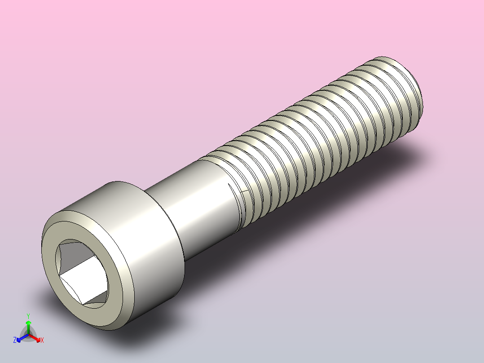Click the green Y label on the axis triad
[28, 315]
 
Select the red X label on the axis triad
[42, 341]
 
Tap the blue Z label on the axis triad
[15, 341]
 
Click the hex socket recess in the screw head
[82, 272]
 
